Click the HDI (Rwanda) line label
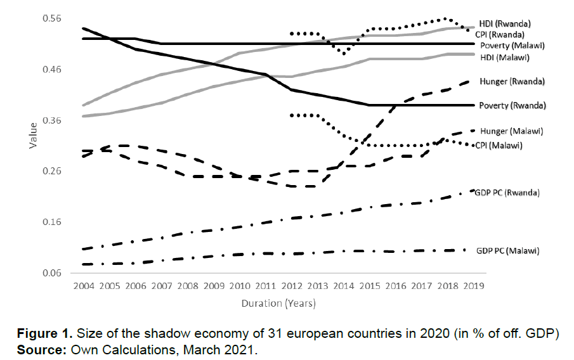504,23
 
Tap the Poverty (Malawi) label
512,46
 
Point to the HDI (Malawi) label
504,57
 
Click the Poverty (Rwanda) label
512,105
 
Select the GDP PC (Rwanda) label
507,192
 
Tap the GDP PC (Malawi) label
507,250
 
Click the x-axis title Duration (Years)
278,304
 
